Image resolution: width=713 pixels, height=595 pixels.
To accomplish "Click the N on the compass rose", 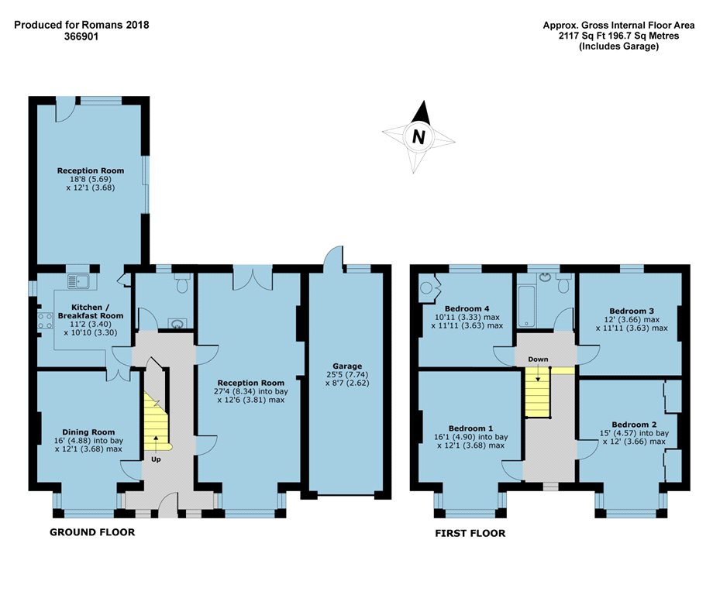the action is point(418,136).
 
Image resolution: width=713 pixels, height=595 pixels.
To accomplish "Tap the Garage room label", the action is point(347,366).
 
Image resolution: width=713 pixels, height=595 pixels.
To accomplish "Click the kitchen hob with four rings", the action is point(45,321).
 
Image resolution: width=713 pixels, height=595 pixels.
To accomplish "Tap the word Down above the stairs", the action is point(538,359).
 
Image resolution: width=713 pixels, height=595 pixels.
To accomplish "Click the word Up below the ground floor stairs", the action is point(156,459).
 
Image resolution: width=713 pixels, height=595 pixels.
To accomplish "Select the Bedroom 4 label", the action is point(467,308).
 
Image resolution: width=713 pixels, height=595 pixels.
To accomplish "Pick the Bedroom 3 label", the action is point(632,311).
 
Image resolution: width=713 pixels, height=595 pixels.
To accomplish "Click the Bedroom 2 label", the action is point(634,425).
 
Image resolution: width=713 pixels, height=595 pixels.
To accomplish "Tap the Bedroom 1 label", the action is point(470,428).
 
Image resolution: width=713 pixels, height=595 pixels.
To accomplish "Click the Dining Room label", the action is point(88,432).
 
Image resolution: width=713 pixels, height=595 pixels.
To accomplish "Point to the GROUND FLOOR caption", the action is point(92,531).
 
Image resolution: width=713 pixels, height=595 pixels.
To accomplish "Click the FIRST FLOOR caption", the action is point(470,533).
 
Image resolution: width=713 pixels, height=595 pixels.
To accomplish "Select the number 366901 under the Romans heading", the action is point(81,36).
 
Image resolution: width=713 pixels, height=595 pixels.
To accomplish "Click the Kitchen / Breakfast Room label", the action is point(90,311).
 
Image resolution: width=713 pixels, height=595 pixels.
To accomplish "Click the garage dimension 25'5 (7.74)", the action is point(347,374).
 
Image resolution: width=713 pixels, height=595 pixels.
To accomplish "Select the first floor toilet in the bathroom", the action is point(564,284).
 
